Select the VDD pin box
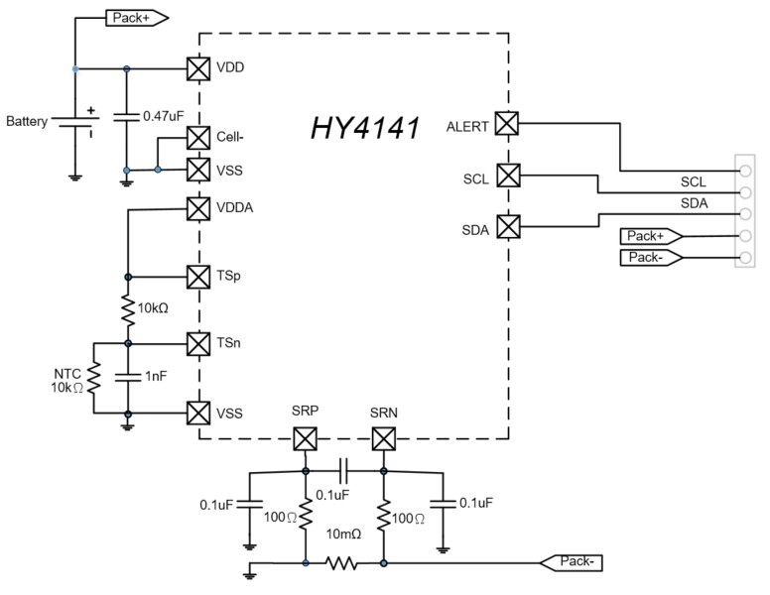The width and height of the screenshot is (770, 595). pos(198,69)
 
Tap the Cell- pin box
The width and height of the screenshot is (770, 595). pos(198,138)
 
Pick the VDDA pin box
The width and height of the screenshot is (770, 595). pos(198,208)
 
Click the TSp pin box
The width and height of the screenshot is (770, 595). pos(198,276)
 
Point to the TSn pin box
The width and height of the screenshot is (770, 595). pos(198,343)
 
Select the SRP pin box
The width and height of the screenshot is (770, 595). pos(305,437)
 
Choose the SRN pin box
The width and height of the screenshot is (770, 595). pos(383,437)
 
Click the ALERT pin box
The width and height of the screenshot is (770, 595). pos(507,123)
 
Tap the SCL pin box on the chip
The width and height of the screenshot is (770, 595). pos(507,176)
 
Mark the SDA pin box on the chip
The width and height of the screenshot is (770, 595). pos(507,227)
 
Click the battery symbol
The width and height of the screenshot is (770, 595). pos(74,122)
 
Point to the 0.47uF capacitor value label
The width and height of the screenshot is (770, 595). pos(164,117)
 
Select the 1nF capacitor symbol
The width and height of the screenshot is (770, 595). pos(127,377)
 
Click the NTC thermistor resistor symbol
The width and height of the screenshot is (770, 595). pos(92,377)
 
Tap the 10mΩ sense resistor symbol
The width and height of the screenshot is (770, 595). pos(343,562)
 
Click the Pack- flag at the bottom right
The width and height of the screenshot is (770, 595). pos(570,562)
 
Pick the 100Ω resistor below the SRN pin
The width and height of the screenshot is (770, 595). pos(383,516)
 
